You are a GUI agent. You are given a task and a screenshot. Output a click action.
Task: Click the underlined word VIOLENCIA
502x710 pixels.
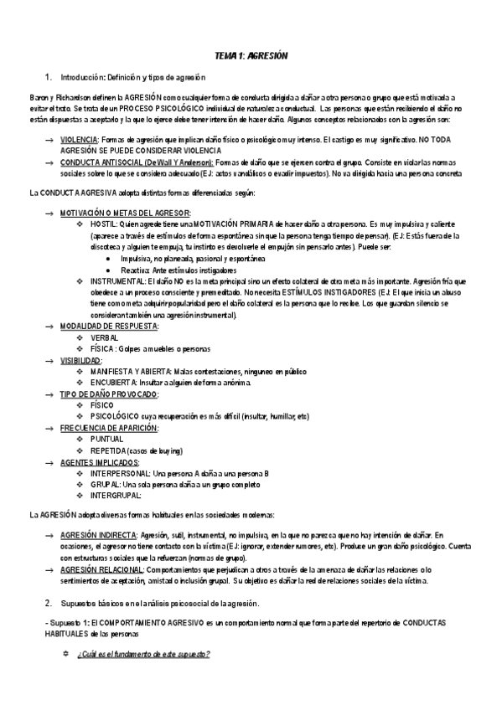coord(79,138)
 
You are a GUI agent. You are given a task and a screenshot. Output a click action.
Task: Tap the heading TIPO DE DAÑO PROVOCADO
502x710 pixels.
coord(109,394)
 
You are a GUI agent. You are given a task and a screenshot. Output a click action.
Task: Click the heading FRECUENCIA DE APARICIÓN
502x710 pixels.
coord(109,428)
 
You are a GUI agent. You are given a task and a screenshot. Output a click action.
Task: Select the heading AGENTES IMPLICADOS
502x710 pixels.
coord(100,461)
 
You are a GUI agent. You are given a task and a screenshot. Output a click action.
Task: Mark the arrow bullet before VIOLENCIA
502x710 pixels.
coord(49,138)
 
